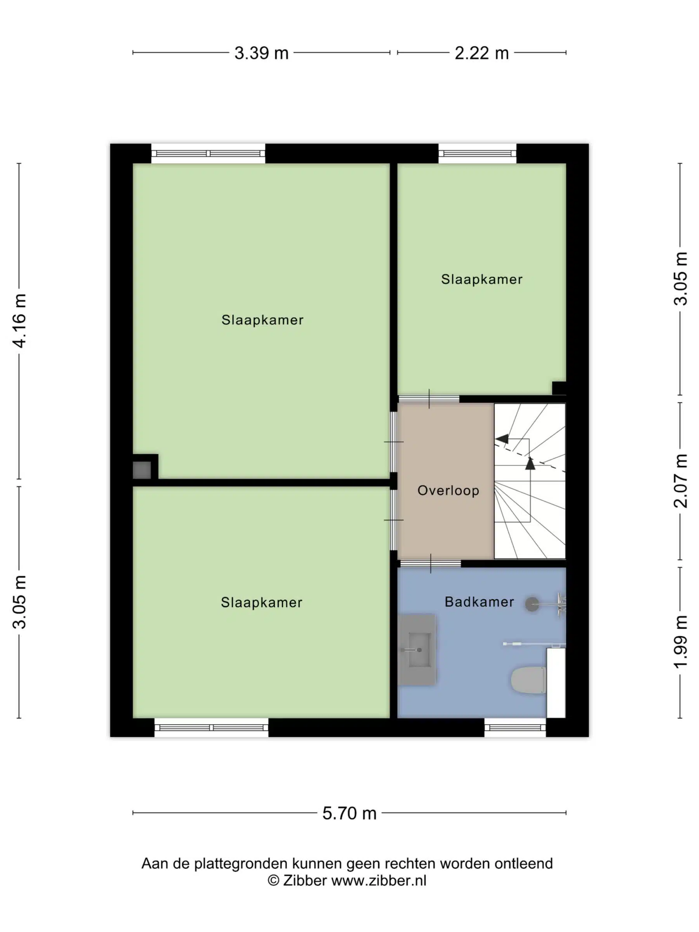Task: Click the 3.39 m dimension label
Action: click(261, 53)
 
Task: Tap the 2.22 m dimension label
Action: click(482, 53)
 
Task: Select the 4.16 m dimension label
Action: click(20, 321)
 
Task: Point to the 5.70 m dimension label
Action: click(349, 813)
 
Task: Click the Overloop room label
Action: click(448, 490)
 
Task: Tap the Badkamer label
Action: click(479, 602)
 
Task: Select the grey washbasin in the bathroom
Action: click(417, 649)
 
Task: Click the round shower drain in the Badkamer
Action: click(532, 604)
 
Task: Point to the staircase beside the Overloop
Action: click(530, 481)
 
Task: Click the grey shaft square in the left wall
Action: click(142, 470)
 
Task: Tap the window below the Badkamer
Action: click(515, 728)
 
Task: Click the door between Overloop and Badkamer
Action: click(430, 564)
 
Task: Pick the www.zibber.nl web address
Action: click(379, 881)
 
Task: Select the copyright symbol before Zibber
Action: click(273, 881)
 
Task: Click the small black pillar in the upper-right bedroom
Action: click(559, 388)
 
